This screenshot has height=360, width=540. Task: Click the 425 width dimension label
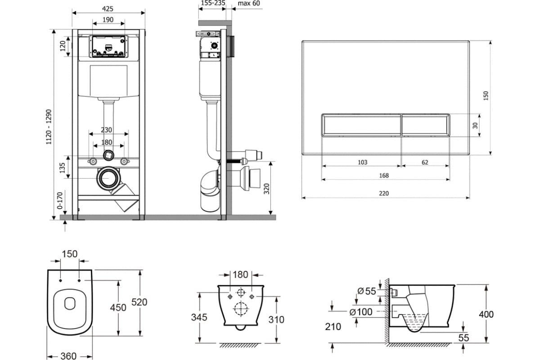tap(108, 9)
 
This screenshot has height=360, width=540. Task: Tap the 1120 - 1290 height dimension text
tap(49, 127)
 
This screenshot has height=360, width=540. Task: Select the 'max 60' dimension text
tap(249, 4)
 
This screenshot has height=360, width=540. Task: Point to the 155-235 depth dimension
tap(213, 3)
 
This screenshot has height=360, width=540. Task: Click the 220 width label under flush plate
tap(384, 193)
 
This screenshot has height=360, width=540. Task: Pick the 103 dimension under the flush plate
tap(362, 162)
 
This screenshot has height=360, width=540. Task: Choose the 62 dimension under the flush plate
tap(425, 162)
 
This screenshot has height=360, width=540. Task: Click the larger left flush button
tap(361, 125)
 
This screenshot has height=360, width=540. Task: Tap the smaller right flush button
tap(426, 125)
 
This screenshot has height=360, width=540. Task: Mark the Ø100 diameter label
tap(360, 312)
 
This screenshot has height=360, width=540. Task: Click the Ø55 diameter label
tap(366, 291)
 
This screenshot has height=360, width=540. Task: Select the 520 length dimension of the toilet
tap(139, 302)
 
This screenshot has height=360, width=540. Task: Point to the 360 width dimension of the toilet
tap(68, 356)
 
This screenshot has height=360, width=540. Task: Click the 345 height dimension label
tap(199, 317)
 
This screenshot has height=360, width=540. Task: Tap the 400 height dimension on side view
tap(486, 315)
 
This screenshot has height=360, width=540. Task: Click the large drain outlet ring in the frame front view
tap(108, 178)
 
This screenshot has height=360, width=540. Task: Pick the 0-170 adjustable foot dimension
tap(60, 201)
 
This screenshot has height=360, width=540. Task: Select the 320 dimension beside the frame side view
tap(266, 189)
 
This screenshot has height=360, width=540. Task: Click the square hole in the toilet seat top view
tap(70, 303)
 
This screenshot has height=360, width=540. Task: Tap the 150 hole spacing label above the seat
tap(69, 254)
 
